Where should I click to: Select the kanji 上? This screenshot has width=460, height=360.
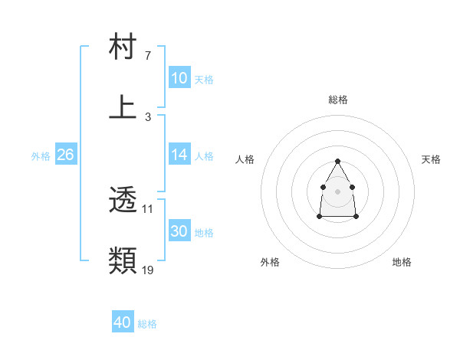(123, 107)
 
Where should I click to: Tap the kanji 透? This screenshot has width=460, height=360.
(123, 201)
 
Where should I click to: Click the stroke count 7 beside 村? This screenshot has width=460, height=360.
(148, 56)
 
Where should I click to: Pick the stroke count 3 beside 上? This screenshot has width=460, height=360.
(148, 116)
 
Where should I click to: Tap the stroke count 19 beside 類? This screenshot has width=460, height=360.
(148, 270)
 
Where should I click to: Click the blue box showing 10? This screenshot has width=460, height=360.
(179, 78)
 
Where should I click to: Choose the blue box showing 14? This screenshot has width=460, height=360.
(179, 154)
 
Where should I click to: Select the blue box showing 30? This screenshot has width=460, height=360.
(179, 231)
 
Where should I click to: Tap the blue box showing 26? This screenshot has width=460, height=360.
(65, 155)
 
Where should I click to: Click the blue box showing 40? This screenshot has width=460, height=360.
(123, 323)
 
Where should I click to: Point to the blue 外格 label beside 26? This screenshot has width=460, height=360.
(41, 155)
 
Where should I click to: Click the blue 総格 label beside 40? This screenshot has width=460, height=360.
(147, 324)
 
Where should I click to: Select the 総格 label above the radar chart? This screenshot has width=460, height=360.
(337, 100)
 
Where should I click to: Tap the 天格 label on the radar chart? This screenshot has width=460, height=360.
(431, 159)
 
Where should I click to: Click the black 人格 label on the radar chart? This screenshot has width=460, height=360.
(245, 159)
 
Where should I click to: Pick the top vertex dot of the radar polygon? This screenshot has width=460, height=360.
(337, 161)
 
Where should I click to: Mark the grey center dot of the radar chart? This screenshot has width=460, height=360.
(337, 191)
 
